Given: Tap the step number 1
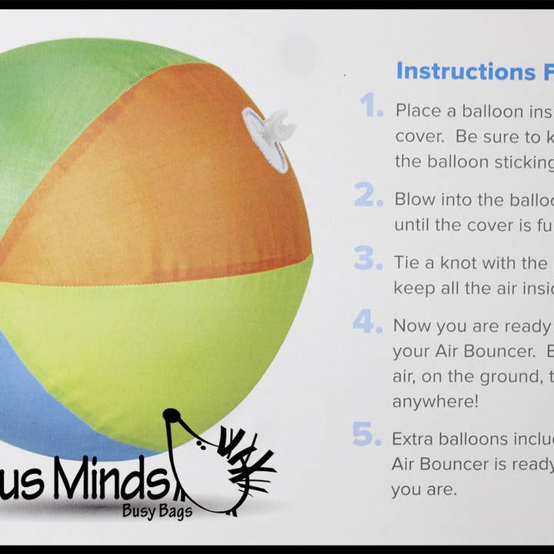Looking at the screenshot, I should [x=372, y=108].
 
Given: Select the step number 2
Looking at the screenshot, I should [x=369, y=196].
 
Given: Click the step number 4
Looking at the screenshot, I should [x=368, y=322].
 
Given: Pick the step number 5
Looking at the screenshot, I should [x=367, y=436].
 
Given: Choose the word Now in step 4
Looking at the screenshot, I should [x=411, y=325].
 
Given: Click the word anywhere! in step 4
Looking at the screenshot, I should [x=433, y=402].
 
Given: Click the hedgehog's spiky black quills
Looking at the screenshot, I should [x=246, y=462].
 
